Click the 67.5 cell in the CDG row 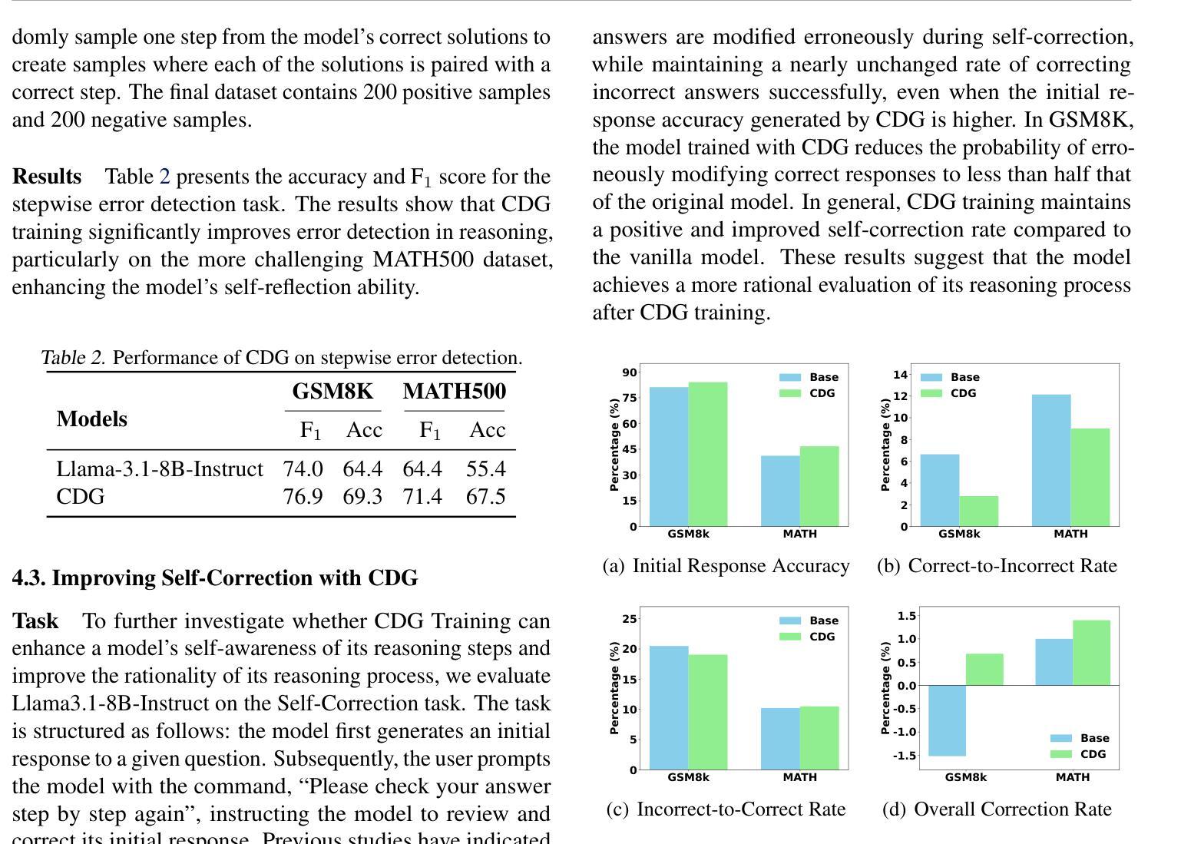tap(485, 497)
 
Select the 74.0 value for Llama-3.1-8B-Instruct tap(303, 468)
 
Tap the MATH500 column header tap(455, 391)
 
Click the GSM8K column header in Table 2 tap(332, 391)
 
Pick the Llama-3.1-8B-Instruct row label tap(159, 468)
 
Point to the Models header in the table tap(91, 419)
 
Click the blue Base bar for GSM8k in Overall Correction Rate tap(947, 720)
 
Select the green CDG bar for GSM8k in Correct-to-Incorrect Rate tap(978, 511)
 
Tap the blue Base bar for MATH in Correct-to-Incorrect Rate tap(1051, 460)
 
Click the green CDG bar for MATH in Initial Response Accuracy tap(819, 486)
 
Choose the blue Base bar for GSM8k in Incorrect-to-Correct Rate tap(669, 707)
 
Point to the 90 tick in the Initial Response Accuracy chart tap(630, 372)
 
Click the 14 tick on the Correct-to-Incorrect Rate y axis tap(900, 375)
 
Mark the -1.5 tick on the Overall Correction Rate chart tap(905, 756)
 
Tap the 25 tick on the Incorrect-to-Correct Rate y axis tap(630, 619)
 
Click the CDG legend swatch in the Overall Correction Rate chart tap(1060, 754)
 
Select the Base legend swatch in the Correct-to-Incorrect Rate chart tap(931, 377)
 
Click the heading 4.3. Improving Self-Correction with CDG tap(215, 578)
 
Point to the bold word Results tap(47, 176)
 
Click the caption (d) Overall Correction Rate tap(997, 809)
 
